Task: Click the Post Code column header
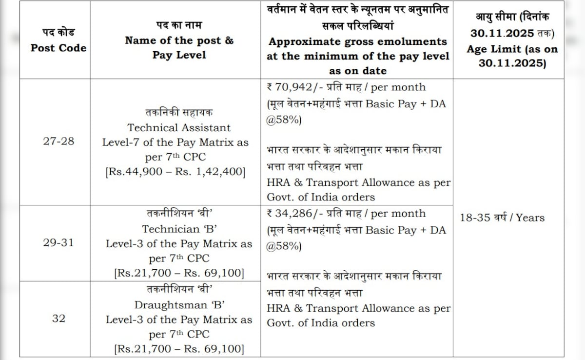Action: click(58, 48)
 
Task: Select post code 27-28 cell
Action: click(58, 141)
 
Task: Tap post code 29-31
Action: click(58, 242)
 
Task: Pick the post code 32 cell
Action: click(58, 319)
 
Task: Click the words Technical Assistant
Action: click(179, 128)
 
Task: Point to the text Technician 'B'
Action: click(179, 229)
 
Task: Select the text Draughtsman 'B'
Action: click(179, 305)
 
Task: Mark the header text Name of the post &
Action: click(179, 40)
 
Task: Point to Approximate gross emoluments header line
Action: click(358, 41)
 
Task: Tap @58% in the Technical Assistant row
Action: click(284, 120)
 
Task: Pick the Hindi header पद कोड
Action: click(58, 33)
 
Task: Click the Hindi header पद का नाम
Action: click(179, 25)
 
